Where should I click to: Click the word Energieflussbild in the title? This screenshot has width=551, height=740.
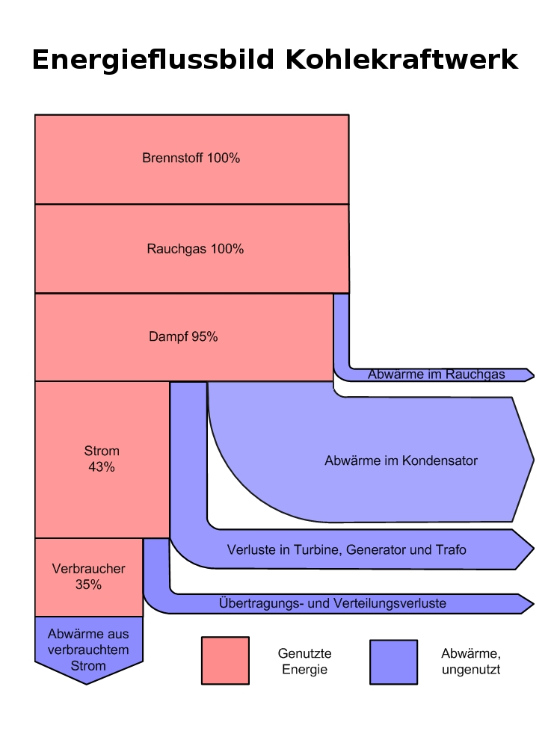(153, 60)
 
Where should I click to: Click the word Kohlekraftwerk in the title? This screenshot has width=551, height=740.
(401, 60)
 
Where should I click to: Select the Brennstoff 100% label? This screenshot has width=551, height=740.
(191, 158)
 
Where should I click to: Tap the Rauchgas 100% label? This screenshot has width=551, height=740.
(195, 249)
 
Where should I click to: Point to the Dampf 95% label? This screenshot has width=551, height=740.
(183, 337)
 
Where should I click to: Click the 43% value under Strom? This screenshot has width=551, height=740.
(102, 467)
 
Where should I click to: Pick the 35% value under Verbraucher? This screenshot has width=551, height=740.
(88, 585)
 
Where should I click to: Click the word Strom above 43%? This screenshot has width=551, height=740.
(102, 451)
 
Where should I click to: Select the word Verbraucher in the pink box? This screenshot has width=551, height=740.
(88, 569)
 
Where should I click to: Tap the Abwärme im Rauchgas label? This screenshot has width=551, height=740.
(436, 374)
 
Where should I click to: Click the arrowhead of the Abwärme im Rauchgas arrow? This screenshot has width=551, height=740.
(530, 374)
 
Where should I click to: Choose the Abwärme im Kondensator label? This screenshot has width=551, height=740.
(401, 461)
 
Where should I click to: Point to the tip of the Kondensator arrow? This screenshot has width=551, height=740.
(532, 459)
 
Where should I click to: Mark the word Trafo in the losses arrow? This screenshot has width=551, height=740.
(450, 550)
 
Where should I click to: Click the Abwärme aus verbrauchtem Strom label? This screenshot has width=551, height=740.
(88, 650)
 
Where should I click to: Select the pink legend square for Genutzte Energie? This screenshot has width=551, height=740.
(225, 661)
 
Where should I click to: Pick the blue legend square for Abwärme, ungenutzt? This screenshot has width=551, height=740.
(393, 662)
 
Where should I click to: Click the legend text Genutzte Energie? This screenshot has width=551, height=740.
(304, 662)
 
